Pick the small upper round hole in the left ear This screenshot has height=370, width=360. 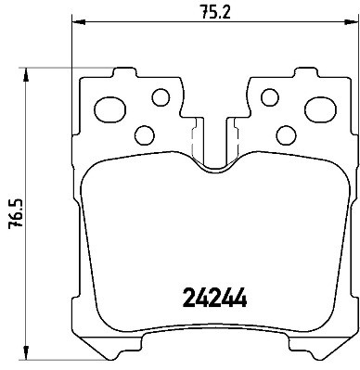point(161,96)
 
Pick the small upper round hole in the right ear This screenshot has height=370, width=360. point(270,96)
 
